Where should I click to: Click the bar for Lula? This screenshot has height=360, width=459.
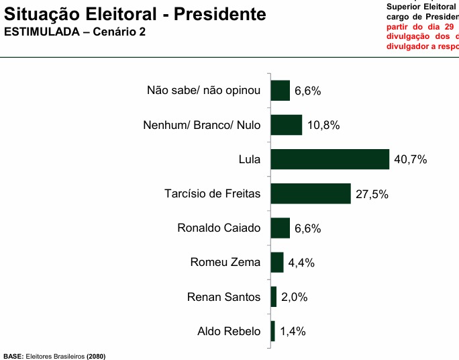[329, 159]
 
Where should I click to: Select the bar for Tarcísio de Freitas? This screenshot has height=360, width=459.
[310, 193]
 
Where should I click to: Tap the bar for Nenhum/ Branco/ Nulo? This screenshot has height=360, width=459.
[286, 125]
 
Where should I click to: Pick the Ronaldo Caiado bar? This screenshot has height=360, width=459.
[280, 228]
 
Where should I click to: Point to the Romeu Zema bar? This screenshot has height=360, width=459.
[276, 262]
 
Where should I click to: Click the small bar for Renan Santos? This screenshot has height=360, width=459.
[273, 297]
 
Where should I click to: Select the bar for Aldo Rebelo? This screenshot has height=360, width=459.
[272, 331]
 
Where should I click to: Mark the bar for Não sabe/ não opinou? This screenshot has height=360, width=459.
[280, 91]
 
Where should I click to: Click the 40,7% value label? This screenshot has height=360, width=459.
[410, 160]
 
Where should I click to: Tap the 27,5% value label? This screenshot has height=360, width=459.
[371, 194]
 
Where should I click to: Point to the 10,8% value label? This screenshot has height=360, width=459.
[323, 126]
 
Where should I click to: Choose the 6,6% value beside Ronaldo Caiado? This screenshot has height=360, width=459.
[307, 228]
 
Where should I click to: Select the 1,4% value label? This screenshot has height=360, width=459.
[293, 332]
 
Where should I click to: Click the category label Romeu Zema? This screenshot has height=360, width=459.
[225, 262]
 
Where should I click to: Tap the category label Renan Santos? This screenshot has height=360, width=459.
[223, 297]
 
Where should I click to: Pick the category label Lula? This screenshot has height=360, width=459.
[249, 159]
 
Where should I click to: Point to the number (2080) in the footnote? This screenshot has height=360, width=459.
[96, 355]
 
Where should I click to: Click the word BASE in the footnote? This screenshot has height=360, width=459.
[13, 355]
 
